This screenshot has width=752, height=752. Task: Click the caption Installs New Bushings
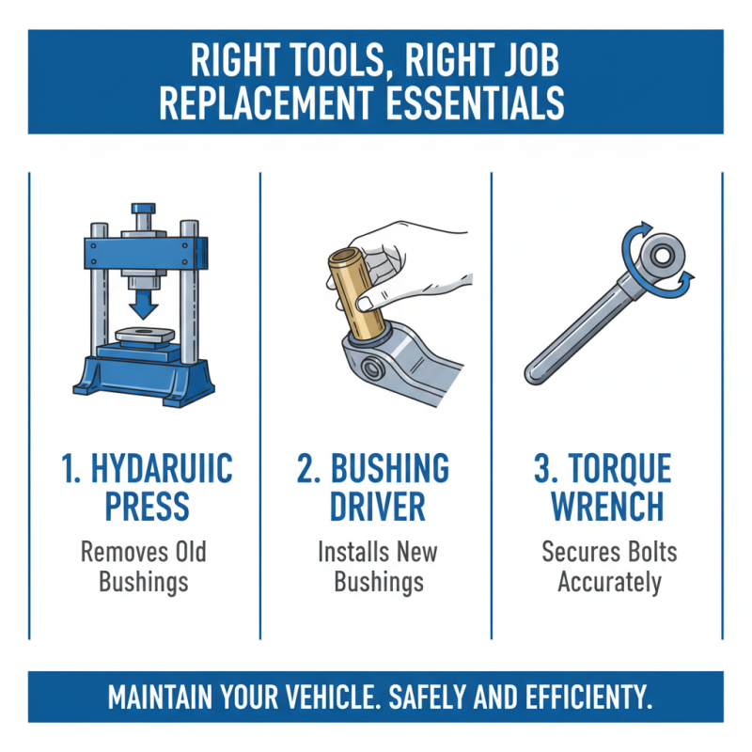[x=376, y=566]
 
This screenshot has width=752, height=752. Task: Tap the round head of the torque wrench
[x=663, y=254]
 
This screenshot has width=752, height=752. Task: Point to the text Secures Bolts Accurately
[x=608, y=566]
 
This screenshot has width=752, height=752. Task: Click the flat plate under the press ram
[x=143, y=335]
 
